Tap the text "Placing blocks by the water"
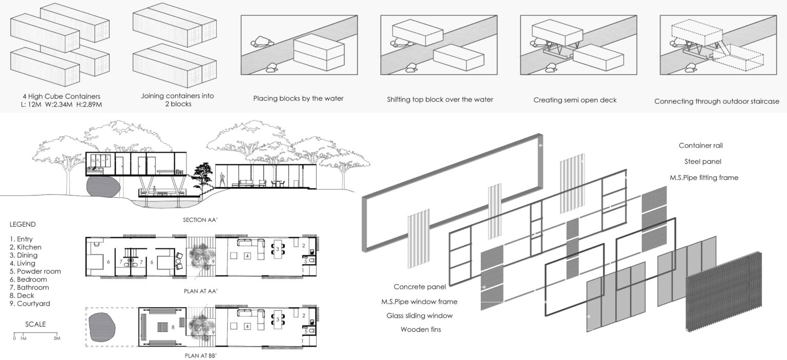point(297,99)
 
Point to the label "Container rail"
point(700,145)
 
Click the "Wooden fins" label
point(421,329)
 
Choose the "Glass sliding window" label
point(419,315)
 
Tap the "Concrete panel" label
point(420,286)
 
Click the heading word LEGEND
point(23,224)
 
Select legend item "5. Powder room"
point(35,271)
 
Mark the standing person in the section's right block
point(222,179)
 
